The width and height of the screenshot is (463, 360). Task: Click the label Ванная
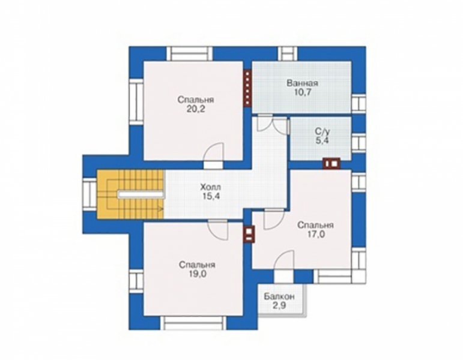(302, 83)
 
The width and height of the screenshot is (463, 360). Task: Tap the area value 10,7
(302, 94)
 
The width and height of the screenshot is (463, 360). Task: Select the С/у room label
(321, 130)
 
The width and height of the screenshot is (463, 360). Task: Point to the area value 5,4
(321, 140)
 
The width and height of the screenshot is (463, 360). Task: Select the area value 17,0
(315, 235)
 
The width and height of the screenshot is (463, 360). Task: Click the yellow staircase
(131, 194)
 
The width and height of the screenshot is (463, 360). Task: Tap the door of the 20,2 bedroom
(214, 155)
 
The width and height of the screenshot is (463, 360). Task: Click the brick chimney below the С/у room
(331, 162)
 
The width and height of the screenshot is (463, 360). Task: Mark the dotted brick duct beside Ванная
(247, 88)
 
